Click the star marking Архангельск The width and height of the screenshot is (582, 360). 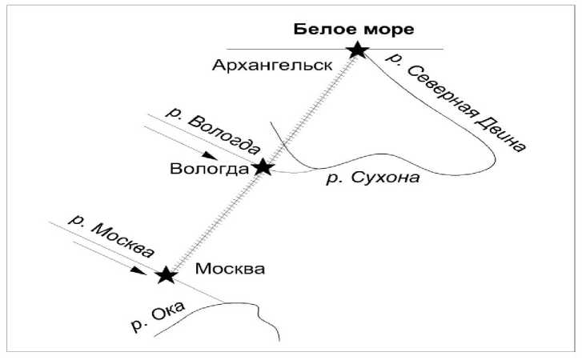tap(357, 50)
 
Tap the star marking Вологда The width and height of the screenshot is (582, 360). tap(263, 168)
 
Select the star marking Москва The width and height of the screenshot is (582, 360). tap(166, 275)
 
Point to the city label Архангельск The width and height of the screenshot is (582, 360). tap(272, 65)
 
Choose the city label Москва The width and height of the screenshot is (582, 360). tap(231, 269)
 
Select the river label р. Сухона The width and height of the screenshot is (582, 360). tap(373, 178)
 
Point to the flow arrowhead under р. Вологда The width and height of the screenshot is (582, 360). tap(209, 154)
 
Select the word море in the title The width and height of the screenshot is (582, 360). tap(391, 30)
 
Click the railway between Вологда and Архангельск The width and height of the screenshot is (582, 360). tap(310, 109)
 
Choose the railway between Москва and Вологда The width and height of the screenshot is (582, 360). tap(215, 222)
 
